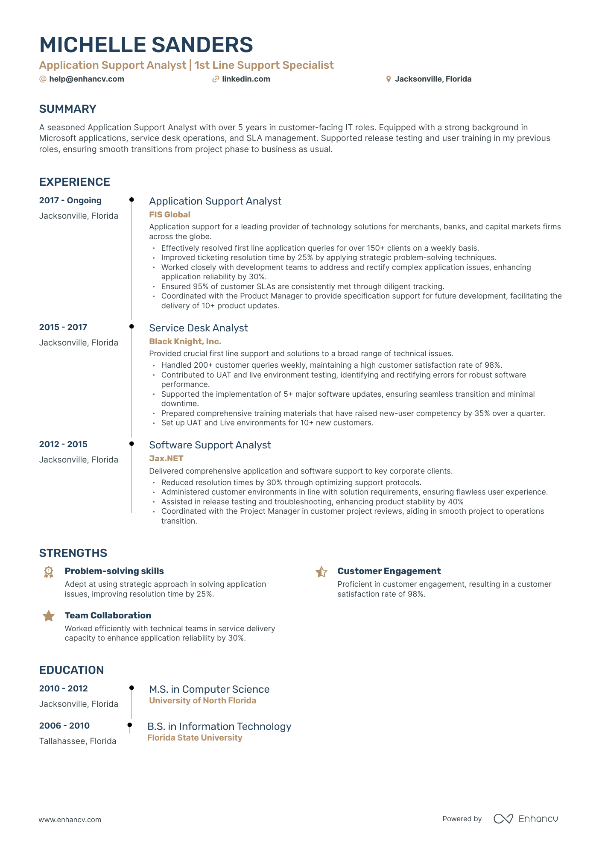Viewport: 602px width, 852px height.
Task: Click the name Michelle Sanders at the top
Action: [x=146, y=45]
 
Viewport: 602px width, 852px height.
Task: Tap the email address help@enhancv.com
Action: [x=86, y=79]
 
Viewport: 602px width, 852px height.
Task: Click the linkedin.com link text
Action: [x=246, y=79]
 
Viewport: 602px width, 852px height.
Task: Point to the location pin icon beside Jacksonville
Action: [x=389, y=79]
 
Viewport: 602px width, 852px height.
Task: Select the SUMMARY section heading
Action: [x=68, y=109]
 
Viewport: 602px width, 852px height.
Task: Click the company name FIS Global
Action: [x=169, y=215]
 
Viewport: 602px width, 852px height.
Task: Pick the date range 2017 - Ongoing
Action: [x=70, y=201]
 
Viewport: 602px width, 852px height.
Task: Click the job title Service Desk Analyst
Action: [x=198, y=328]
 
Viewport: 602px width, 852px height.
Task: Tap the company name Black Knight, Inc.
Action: [x=185, y=342]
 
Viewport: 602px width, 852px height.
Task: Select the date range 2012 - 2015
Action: [x=63, y=445]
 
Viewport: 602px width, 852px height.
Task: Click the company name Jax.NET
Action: [x=166, y=459]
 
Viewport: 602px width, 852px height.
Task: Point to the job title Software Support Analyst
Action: [x=210, y=445]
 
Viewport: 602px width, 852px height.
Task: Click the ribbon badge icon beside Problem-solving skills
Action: [x=49, y=572]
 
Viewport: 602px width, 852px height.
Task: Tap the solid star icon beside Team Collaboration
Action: [x=49, y=616]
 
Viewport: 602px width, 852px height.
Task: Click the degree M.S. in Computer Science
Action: [x=209, y=689]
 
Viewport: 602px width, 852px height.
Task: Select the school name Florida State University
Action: [x=195, y=738]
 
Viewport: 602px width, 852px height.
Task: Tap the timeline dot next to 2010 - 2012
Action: [x=132, y=688]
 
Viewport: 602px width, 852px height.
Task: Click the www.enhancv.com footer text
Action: [x=70, y=820]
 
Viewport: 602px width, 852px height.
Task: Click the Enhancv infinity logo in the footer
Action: [x=503, y=819]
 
